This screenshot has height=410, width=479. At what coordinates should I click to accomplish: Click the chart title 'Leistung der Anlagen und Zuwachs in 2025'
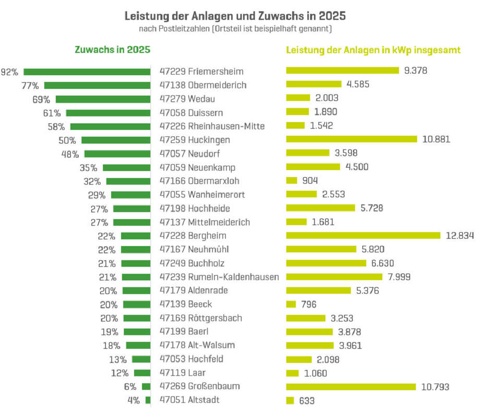pyautogui.click(x=235, y=16)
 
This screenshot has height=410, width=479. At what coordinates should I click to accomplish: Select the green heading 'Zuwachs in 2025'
pyautogui.click(x=112, y=50)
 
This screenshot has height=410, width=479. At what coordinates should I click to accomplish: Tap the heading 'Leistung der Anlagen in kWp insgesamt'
pyautogui.click(x=373, y=50)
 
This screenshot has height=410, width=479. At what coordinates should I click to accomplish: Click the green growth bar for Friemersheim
pyautogui.click(x=87, y=72)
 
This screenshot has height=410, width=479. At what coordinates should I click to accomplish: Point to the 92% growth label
pyautogui.click(x=10, y=72)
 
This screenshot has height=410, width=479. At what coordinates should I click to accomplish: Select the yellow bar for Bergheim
pyautogui.click(x=363, y=235)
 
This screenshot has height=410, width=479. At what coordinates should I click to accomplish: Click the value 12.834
pyautogui.click(x=460, y=235)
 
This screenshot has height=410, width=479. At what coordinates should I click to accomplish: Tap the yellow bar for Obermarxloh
pyautogui.click(x=291, y=181)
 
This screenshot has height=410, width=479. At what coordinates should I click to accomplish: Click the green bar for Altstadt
pyautogui.click(x=148, y=400)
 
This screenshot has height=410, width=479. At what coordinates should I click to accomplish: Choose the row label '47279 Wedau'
pyautogui.click(x=187, y=99)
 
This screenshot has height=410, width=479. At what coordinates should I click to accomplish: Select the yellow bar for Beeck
pyautogui.click(x=291, y=304)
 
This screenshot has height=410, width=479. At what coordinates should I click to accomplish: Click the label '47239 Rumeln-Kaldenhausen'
pyautogui.click(x=219, y=277)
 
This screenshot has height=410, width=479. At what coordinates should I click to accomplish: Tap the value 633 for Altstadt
pyautogui.click(x=307, y=400)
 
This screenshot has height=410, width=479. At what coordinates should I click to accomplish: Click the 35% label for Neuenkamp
pyautogui.click(x=89, y=168)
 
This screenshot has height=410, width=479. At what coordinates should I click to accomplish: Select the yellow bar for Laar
pyautogui.click(x=292, y=373)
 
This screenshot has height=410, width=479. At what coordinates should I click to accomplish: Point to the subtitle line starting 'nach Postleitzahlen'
pyautogui.click(x=235, y=29)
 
